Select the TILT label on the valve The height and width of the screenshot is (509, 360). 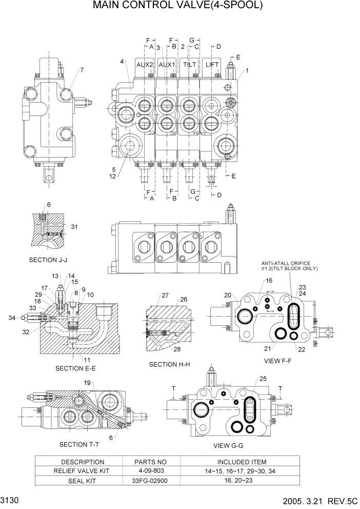pos(190,65)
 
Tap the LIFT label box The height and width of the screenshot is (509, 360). pos(212,65)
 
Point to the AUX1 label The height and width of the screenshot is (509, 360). pos(167,65)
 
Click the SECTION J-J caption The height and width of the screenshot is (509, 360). pos(48,260)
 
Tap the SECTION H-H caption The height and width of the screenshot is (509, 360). pos(170,364)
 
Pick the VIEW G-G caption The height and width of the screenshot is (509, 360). pos(229,445)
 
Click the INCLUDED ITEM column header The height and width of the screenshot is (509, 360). pos(242,462)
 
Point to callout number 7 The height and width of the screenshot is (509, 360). pos(81,70)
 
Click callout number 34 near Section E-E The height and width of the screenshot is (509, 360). pos(11,318)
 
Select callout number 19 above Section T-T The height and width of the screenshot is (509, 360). pos(88,383)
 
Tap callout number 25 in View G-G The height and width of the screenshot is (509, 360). pos(264,379)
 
